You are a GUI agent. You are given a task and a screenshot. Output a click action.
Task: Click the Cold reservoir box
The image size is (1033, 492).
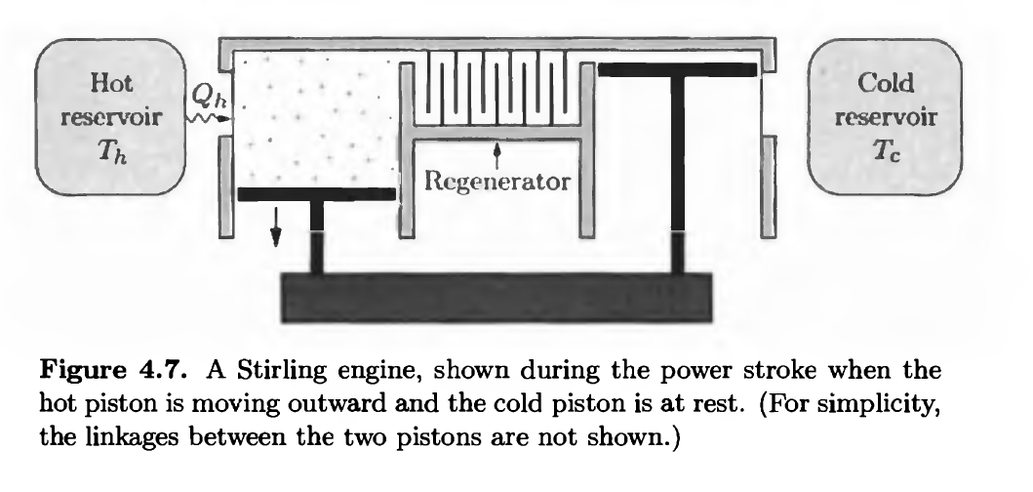coord(886,116)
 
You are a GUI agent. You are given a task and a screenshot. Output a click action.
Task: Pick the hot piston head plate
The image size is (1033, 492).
coord(316,194)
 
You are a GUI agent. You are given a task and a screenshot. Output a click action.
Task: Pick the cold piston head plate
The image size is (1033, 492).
coord(677,69)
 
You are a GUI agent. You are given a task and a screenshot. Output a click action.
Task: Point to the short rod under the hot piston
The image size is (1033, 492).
coord(316,239)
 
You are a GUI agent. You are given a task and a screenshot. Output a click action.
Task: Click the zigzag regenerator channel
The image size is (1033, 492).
coord(497,93)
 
